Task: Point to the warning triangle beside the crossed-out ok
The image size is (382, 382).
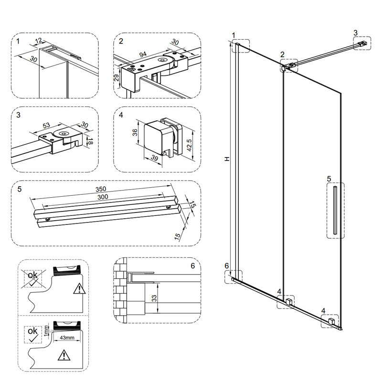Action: coord(78,288)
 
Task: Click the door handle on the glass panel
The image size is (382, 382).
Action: coord(335,210)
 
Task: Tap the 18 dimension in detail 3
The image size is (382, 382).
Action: coord(89,141)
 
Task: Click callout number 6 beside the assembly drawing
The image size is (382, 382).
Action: coord(227,266)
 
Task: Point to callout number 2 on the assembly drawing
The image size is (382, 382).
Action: coord(283,54)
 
